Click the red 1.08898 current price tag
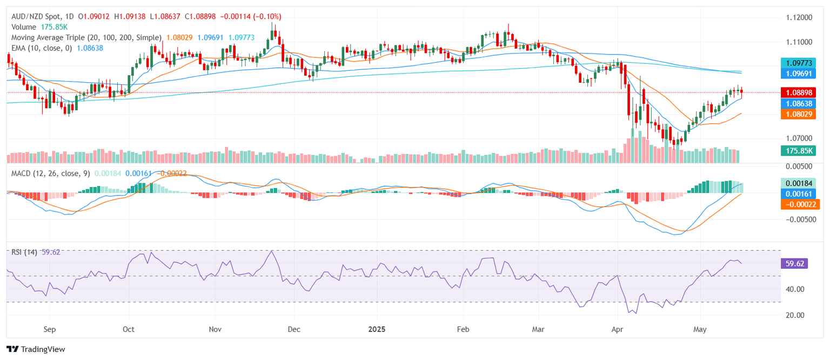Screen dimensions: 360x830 point(800,92)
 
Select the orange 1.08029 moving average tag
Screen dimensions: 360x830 point(800,114)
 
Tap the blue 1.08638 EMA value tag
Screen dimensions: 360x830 point(800,103)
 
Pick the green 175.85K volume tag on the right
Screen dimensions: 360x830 point(800,150)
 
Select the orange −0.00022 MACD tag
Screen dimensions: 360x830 point(800,204)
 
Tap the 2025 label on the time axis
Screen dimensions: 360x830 point(376,329)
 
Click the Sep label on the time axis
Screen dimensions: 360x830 point(49,329)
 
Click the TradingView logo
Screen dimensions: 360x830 point(36,349)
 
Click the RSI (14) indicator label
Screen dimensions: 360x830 point(24,252)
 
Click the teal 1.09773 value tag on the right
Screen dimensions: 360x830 point(800,63)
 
